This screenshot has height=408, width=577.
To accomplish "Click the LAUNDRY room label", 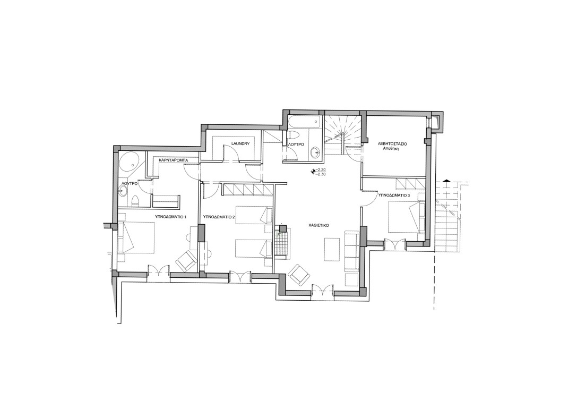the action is click(241, 143).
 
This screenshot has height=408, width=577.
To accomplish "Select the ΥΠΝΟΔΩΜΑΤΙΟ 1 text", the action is click(171, 217).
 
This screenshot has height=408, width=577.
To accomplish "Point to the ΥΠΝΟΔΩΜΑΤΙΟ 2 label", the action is click(219, 217).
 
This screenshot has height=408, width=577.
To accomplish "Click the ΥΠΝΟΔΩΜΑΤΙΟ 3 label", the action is click(394, 195).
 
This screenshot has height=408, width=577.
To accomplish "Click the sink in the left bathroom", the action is click(123, 191).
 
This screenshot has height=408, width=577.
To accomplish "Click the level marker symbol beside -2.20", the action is click(314, 171).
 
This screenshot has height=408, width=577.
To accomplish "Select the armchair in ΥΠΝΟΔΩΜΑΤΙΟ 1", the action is click(186, 261).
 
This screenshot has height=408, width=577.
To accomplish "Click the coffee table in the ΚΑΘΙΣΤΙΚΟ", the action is click(332, 249).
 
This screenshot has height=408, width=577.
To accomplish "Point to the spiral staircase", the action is click(343, 134).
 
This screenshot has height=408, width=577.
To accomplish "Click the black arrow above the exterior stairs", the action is click(446, 180).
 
